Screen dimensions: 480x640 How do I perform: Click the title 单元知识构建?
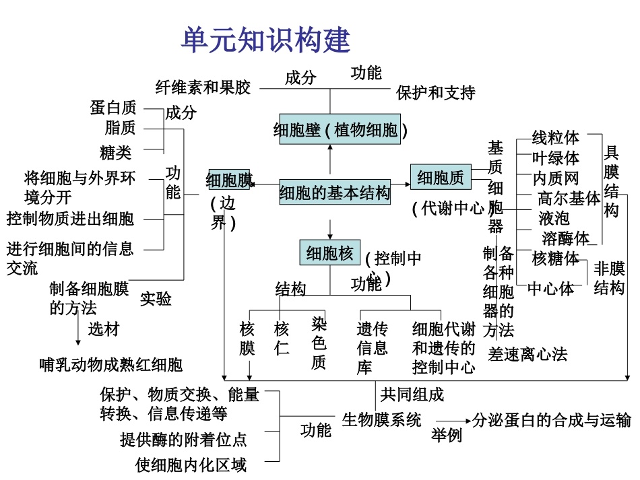click(265, 40)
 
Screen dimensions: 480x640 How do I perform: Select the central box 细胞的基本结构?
click(335, 193)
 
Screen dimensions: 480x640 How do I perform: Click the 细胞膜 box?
click(228, 180)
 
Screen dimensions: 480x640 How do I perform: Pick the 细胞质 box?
click(440, 178)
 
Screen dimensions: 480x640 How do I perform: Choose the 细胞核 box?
click(329, 253)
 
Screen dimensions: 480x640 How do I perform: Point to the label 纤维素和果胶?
click(203, 88)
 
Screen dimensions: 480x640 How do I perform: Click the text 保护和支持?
click(436, 92)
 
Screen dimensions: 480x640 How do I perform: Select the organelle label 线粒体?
click(555, 138)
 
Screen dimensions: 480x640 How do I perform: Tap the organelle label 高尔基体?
click(569, 199)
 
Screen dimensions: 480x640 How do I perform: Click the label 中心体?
click(550, 288)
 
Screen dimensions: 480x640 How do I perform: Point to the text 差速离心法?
click(527, 353)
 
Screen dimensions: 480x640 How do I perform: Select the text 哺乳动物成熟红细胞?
click(111, 365)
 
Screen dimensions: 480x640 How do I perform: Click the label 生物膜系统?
click(381, 420)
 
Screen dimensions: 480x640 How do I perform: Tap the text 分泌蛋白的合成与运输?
click(551, 420)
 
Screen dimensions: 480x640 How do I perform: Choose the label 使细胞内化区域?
click(191, 465)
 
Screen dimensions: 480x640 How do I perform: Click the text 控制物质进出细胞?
click(71, 219)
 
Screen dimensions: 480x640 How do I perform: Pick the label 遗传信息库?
click(372, 347)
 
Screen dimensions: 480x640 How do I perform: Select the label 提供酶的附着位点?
click(183, 440)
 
